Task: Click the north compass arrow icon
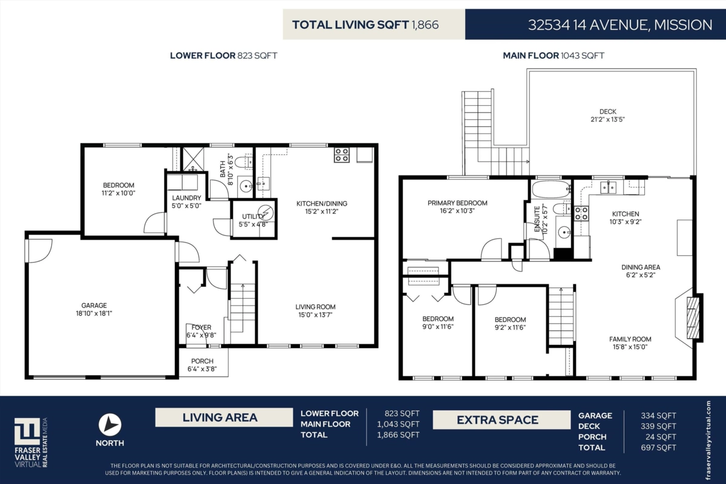point(110,424)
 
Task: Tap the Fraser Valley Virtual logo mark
point(27,431)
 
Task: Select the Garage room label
point(94,306)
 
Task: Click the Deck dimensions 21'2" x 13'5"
point(607,119)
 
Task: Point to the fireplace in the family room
point(693,318)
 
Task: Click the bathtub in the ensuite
point(551,189)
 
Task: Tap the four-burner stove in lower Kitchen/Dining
point(342,155)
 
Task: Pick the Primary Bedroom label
point(457,203)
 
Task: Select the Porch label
point(202,361)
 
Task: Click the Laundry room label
point(186,198)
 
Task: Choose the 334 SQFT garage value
point(658,416)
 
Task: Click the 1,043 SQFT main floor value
point(398,424)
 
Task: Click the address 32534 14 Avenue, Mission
point(620,25)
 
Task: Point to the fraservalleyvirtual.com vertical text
point(708,440)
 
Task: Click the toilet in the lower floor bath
point(243,162)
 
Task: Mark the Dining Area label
point(641,267)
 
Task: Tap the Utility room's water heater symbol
point(266,213)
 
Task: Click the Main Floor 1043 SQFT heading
point(554,56)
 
